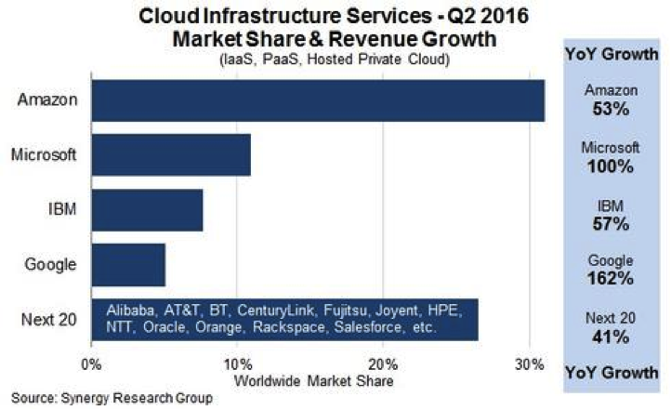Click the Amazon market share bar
pos(318,100)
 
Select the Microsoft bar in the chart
pos(171,155)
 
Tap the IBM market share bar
pos(147,210)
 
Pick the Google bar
pos(128,265)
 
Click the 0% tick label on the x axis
pos(92,363)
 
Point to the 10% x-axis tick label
pos(238,363)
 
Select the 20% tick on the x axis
pos(383,363)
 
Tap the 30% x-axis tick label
pos(529,363)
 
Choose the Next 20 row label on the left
pos(49,321)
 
